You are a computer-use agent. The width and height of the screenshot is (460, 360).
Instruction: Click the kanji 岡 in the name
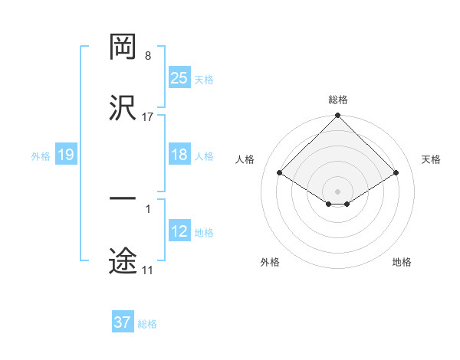[x=123, y=48]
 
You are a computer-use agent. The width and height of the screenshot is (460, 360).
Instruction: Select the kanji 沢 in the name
[x=123, y=108]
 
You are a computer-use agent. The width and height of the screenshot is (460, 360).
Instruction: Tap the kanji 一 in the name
[x=123, y=198]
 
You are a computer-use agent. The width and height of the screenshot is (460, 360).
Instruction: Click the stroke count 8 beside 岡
[x=147, y=57]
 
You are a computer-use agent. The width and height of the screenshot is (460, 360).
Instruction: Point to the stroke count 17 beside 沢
[x=148, y=116]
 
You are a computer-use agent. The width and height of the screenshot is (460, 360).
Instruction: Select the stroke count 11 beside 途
[x=147, y=270]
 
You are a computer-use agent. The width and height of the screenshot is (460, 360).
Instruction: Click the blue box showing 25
[x=179, y=77]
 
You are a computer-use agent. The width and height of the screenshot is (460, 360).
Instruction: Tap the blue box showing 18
[x=179, y=155]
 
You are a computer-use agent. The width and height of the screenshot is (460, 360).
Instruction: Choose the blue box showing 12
[x=179, y=231]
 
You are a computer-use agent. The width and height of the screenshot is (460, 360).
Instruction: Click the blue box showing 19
[x=66, y=155]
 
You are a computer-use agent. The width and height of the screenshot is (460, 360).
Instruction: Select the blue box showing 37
[x=123, y=322]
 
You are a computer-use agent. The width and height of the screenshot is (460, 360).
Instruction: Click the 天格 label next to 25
[x=204, y=79]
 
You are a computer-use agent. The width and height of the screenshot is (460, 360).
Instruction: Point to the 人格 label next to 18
[x=204, y=156]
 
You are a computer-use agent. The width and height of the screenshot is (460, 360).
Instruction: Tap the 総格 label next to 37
[x=147, y=324]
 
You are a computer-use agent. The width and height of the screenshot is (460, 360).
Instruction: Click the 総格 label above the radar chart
[x=338, y=100]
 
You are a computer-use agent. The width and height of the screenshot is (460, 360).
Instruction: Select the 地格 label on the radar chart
[x=402, y=262]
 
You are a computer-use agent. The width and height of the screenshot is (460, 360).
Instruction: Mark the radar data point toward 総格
[x=338, y=116]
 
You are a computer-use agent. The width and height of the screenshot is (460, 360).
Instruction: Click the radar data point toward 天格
[x=396, y=173]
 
